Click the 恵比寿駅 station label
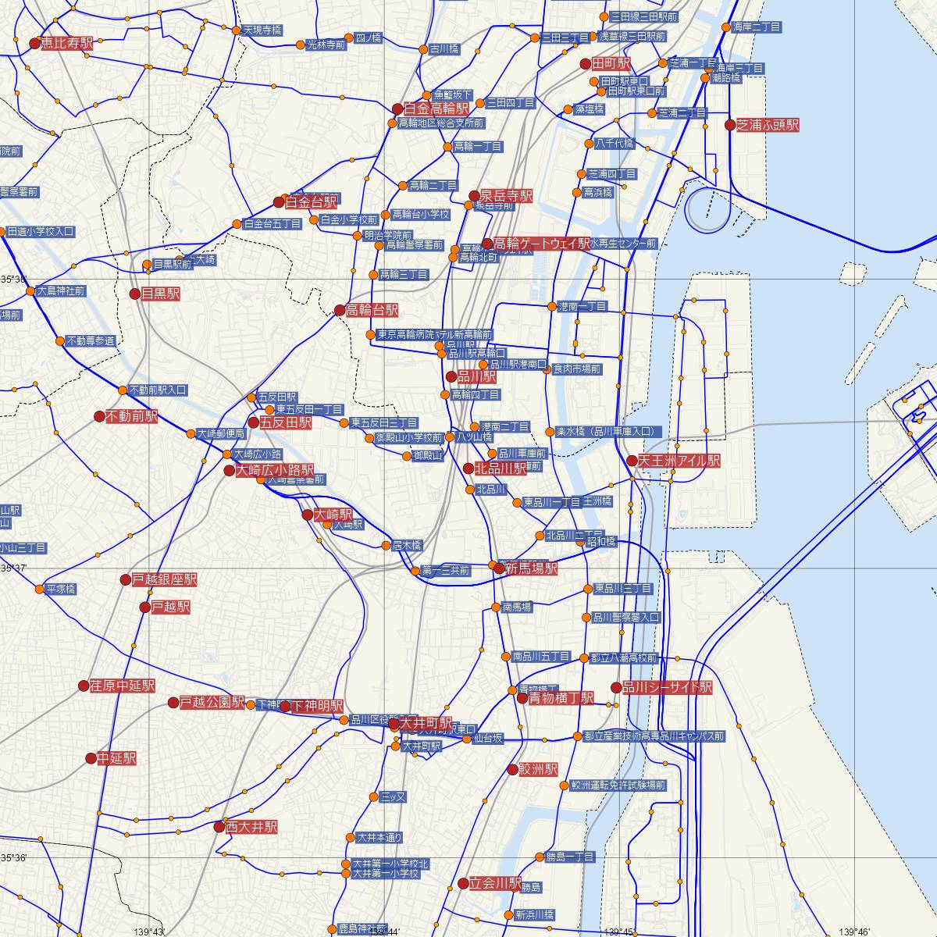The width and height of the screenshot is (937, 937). (66, 44)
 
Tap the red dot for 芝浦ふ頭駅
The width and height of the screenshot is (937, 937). (730, 125)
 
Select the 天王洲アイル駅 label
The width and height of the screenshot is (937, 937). (679, 461)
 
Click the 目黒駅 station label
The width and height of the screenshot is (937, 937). (160, 294)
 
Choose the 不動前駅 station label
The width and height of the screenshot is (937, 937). (131, 417)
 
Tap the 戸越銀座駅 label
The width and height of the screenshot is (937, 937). (164, 579)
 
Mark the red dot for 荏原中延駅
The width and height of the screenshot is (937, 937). (84, 686)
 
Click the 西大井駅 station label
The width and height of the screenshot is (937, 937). (251, 826)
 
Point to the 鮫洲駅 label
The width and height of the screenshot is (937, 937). (538, 769)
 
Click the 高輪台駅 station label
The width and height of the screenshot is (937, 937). (372, 310)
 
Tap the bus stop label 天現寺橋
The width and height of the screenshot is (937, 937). (262, 30)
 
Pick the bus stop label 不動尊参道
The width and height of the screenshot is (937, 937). (91, 341)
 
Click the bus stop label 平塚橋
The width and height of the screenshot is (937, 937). (61, 589)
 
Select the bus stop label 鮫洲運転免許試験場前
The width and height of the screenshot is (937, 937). (618, 786)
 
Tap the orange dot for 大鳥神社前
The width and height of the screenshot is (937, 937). (30, 291)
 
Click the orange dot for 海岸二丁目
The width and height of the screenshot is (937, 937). (728, 27)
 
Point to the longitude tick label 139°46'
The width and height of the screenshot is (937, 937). (853, 932)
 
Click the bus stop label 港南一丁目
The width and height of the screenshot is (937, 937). (583, 307)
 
